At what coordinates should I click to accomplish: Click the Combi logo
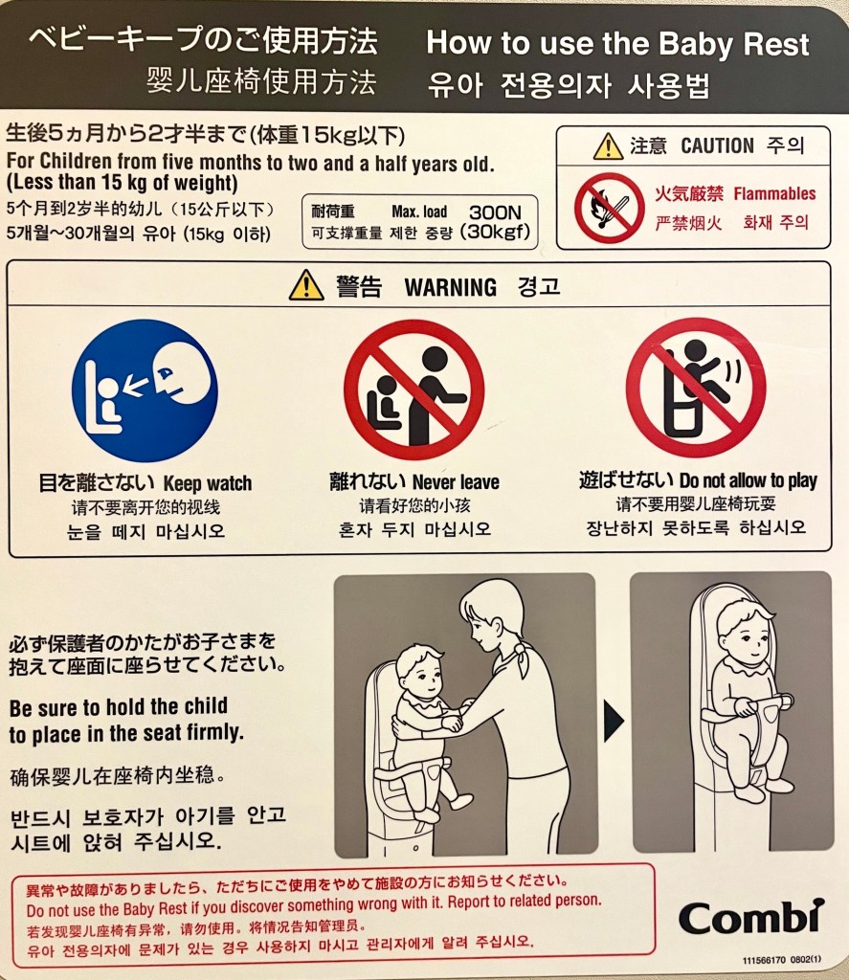coord(750,918)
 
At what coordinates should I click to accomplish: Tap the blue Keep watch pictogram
coord(145,390)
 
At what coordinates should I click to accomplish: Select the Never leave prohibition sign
coord(413,390)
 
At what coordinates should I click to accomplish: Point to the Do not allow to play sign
coord(696,388)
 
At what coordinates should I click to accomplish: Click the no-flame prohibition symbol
coord(610,208)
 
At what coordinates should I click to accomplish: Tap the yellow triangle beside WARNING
coord(306,285)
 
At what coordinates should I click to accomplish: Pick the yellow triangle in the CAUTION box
coord(608,146)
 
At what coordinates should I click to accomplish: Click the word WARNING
coord(451,287)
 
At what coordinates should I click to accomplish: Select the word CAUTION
coord(717,145)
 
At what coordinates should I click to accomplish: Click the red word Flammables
coord(774,193)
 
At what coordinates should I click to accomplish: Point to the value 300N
coord(495,212)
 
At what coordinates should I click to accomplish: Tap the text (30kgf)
coord(495,232)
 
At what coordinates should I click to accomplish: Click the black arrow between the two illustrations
coord(614,721)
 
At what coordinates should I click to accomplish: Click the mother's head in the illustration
coord(492,614)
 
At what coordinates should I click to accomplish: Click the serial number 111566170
coord(764,960)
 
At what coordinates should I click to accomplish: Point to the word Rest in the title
coord(774,44)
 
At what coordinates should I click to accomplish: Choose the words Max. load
coord(419,212)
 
